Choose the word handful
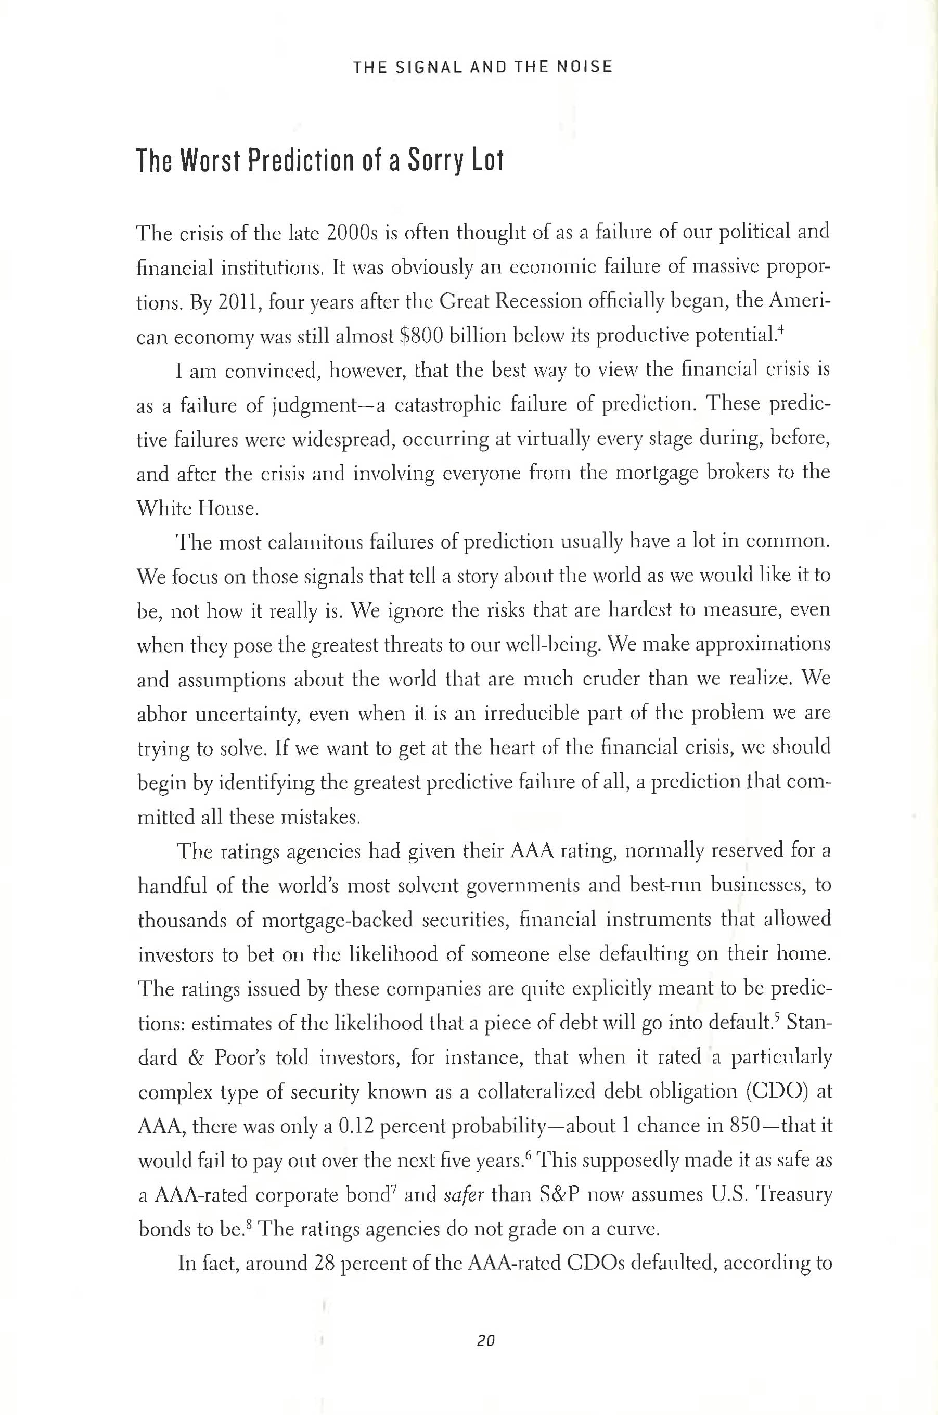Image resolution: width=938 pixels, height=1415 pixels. click(172, 886)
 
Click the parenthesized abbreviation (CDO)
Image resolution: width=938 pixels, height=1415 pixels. click(777, 1092)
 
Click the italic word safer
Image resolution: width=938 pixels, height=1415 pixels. click(464, 1195)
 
